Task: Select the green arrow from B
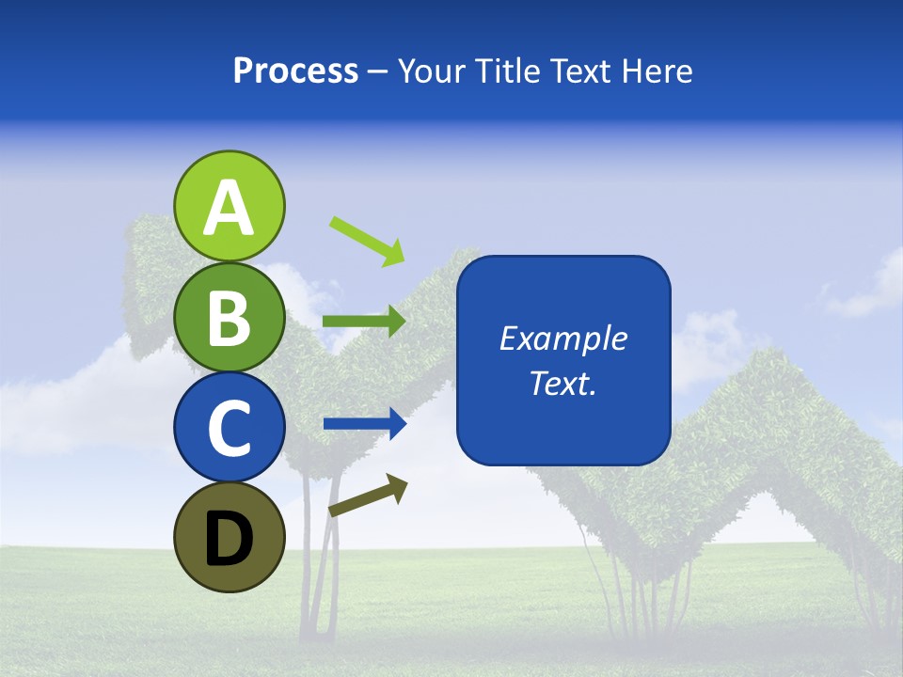(364, 321)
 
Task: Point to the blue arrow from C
(364, 424)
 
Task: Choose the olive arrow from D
(369, 496)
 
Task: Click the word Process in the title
(295, 71)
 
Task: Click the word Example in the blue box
(562, 338)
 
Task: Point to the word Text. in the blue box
(562, 383)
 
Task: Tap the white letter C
(229, 428)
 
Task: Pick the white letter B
(229, 318)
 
